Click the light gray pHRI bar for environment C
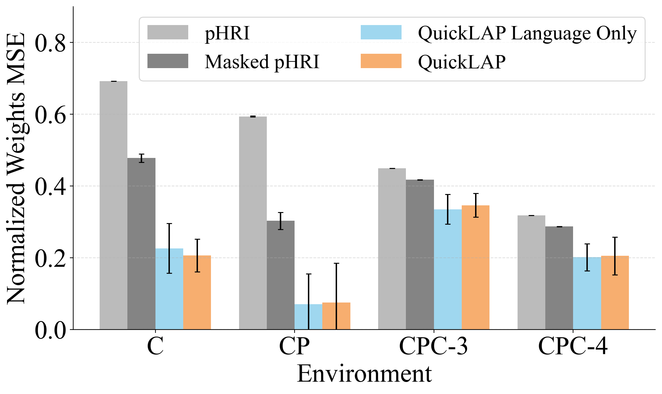[x=113, y=205]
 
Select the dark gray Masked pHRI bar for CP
[x=281, y=275]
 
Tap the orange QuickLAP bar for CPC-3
[x=475, y=267]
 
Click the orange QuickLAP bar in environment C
[x=197, y=292]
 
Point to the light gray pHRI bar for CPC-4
[x=531, y=272]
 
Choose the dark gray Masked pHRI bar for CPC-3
[x=420, y=254]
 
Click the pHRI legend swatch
[x=168, y=32]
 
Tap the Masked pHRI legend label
[x=262, y=62]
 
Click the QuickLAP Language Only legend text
[x=527, y=33]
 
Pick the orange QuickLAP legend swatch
[x=381, y=61]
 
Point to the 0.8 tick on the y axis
[x=50, y=43]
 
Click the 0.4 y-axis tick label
[x=50, y=186]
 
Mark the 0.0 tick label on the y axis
[x=50, y=330]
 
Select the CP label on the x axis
[x=294, y=346]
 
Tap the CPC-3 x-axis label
[x=433, y=346]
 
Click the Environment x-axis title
[x=364, y=374]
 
